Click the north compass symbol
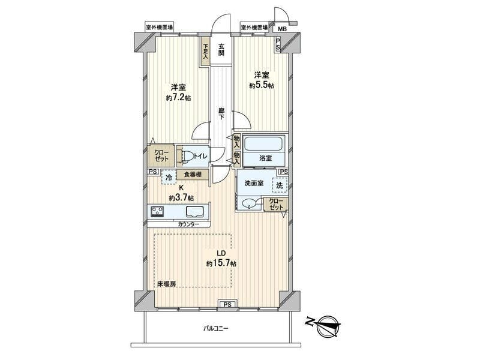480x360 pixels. pos(324,325)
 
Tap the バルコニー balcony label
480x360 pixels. pos(216,329)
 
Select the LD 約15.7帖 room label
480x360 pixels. pos(221,259)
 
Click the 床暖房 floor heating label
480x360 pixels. pos(167,284)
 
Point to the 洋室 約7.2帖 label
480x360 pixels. pos(178,92)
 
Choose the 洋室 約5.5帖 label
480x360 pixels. pos(262,80)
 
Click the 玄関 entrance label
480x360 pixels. pos(221,50)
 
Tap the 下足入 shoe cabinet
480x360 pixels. pos(205,51)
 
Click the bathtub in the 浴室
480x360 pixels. pos(263,143)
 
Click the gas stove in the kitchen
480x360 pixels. pos(157,212)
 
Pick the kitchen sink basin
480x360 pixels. pos(194,212)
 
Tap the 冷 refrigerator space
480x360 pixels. pos(169,177)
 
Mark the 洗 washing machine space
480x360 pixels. pos(280,185)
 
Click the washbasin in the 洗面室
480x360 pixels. pos(251,203)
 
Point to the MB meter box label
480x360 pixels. pos(282,29)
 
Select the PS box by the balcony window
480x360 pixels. pos(227,304)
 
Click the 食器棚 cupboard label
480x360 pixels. pos(193,175)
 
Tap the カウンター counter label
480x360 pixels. pos(188,224)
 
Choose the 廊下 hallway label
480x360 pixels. pos(221,113)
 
